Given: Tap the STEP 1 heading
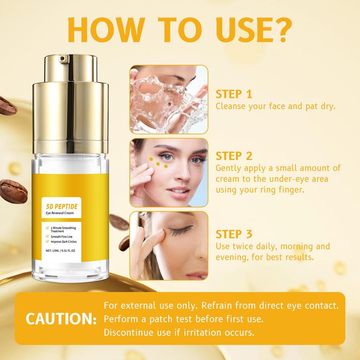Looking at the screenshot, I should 234,94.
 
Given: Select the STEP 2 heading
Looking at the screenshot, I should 234,156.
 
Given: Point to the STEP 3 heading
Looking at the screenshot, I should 234,234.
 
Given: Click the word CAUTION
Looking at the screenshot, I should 60,319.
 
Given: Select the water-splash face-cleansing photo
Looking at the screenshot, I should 169,99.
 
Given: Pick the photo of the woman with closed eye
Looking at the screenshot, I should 169,245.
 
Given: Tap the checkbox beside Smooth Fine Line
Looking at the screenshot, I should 43,237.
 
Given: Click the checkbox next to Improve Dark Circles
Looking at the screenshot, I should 43,242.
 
